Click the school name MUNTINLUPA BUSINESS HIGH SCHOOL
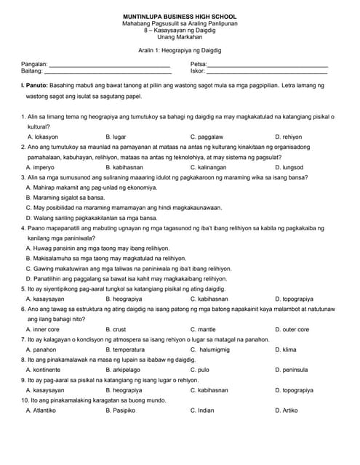180,17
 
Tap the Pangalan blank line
109,66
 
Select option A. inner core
43,329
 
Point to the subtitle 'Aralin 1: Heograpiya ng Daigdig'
180,51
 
